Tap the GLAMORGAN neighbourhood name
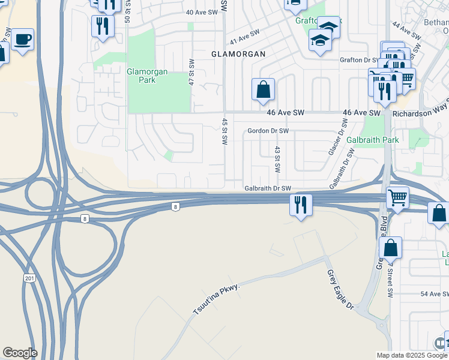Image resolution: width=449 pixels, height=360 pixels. point(238,53)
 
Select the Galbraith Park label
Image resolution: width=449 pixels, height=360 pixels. point(373,140)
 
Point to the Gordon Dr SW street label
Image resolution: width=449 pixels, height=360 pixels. point(268,131)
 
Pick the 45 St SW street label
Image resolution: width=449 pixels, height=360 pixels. point(225,131)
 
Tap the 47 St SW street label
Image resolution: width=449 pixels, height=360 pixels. point(192,71)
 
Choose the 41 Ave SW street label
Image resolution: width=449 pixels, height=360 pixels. point(244,37)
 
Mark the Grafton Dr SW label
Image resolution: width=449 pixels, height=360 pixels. point(360,60)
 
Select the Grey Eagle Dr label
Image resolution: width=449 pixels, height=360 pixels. point(340,290)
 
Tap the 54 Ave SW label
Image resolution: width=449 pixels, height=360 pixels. point(435,294)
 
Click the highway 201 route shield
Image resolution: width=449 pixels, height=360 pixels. point(30,279)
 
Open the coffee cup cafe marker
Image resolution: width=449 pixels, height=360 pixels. point(23,40)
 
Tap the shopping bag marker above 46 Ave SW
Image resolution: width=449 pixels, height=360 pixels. point(263,90)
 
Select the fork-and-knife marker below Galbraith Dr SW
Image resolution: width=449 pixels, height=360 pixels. point(300,205)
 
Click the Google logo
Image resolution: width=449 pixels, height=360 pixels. point(20,353)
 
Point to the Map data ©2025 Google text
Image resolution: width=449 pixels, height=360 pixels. point(411,355)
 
